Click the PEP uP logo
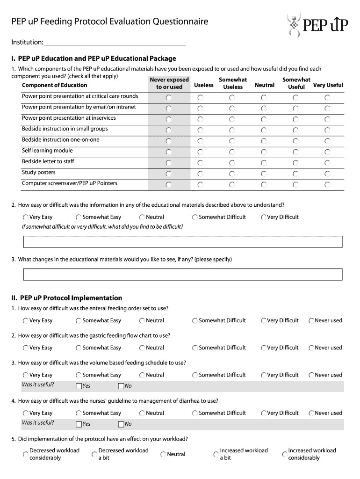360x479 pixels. click(317, 24)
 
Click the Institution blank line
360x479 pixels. click(115, 43)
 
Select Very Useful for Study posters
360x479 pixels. click(327, 174)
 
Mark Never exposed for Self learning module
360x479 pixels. click(169, 152)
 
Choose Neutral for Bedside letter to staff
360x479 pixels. click(264, 163)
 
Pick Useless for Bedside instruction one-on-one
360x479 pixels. click(200, 141)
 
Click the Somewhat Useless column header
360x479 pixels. click(233, 83)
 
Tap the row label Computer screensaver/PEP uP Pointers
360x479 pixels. click(70, 183)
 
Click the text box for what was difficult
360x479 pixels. click(183, 241)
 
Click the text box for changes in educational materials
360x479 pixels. click(183, 274)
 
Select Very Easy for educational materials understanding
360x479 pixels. click(25, 217)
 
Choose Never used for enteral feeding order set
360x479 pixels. click(311, 321)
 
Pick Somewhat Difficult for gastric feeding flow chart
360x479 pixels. click(195, 348)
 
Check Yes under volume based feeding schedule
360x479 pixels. click(79, 386)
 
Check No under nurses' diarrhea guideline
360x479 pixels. click(121, 424)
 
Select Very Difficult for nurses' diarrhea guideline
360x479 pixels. click(264, 414)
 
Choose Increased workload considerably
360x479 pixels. click(284, 454)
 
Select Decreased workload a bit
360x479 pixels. click(94, 454)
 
